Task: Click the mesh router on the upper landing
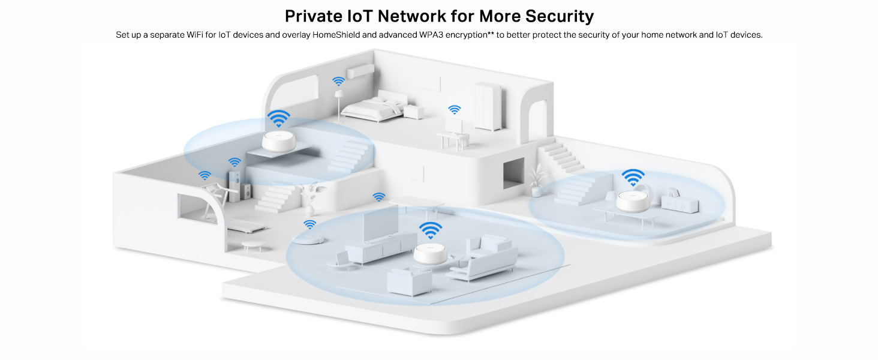click(279, 142)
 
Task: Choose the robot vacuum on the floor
click(310, 239)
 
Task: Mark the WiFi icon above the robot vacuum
click(310, 224)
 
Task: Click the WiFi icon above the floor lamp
click(339, 81)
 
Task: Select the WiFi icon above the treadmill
click(205, 176)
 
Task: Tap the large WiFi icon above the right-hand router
click(633, 177)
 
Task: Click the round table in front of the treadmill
click(253, 244)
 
